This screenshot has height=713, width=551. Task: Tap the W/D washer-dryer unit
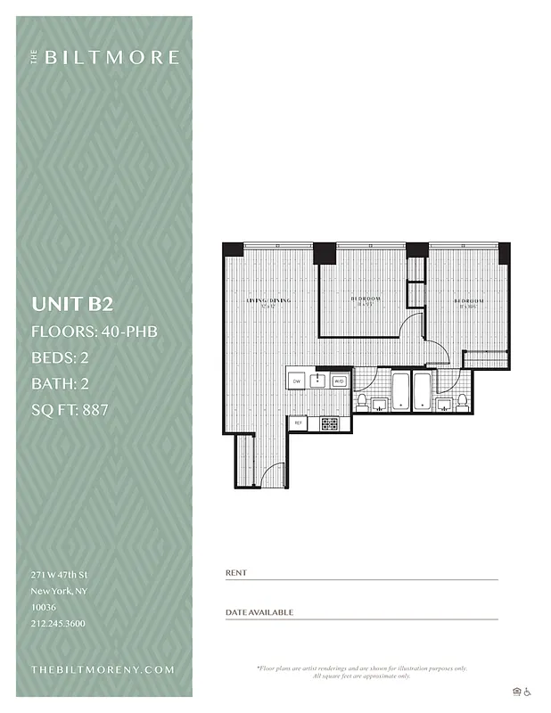click(339, 381)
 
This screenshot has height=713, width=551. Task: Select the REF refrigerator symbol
click(300, 423)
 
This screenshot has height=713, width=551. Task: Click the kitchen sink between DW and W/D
click(317, 381)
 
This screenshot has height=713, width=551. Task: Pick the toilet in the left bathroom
click(362, 402)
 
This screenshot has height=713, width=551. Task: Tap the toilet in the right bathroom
click(463, 401)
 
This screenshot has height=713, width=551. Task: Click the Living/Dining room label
click(268, 300)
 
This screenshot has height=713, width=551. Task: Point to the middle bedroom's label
click(366, 299)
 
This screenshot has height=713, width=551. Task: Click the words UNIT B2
click(72, 304)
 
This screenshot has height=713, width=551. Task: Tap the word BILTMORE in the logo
click(111, 57)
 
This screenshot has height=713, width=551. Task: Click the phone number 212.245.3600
click(58, 623)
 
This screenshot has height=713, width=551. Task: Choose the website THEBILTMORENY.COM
click(103, 669)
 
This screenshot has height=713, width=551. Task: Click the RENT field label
click(236, 573)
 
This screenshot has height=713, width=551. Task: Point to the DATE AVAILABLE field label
click(259, 612)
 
